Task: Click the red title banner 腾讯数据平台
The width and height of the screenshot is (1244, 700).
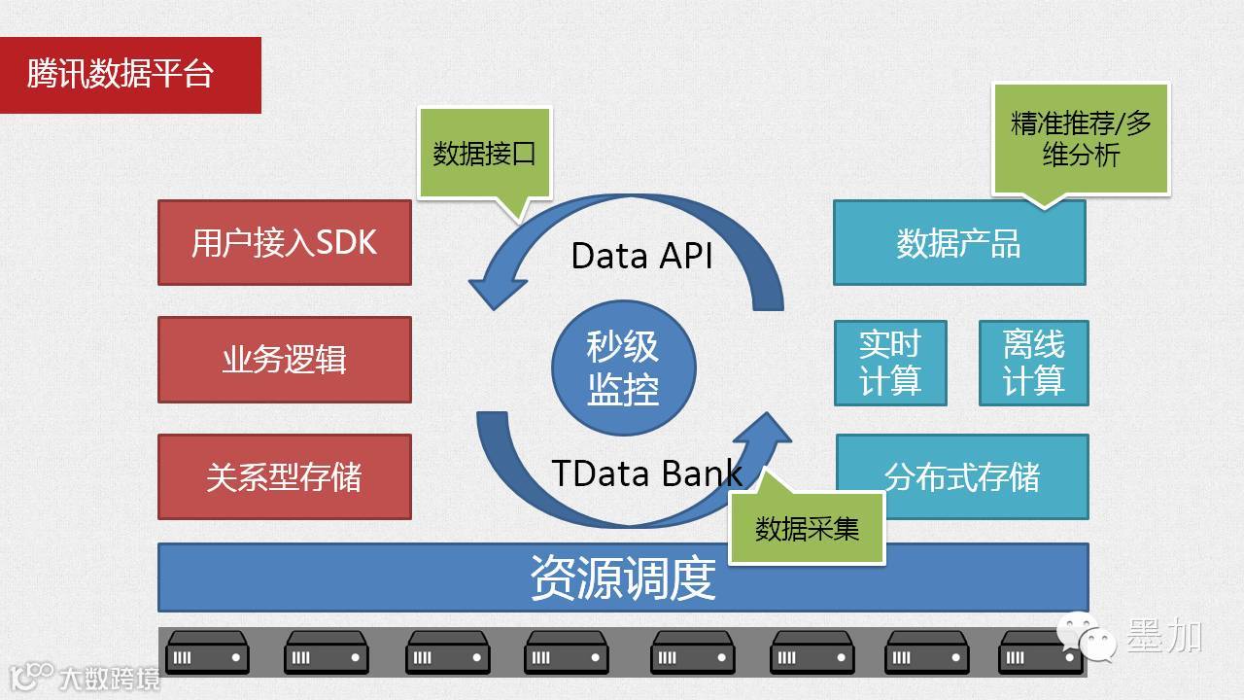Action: point(130,75)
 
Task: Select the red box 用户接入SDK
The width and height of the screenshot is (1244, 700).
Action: point(284,242)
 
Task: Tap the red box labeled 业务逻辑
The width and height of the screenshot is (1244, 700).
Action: point(284,360)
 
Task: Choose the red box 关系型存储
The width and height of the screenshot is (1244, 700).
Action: point(284,476)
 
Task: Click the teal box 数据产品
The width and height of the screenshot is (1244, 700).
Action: point(958,243)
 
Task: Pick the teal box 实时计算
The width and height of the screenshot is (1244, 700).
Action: point(890,363)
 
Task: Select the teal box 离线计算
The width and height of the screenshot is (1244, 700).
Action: point(1033,363)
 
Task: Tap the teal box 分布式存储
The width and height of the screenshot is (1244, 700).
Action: point(962,476)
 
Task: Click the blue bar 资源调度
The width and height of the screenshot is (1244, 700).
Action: point(622,577)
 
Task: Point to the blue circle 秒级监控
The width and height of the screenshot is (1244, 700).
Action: point(623,367)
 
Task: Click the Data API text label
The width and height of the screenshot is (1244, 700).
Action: point(641,256)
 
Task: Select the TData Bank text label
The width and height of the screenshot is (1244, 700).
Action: point(646,472)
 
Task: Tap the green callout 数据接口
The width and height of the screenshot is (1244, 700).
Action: point(484,154)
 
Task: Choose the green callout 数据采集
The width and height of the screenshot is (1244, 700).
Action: point(807,528)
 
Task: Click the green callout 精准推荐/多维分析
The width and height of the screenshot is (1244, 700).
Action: point(1081,139)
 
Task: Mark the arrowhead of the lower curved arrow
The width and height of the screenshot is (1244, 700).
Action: point(768,434)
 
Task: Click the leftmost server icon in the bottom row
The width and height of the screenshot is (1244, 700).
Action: point(206,652)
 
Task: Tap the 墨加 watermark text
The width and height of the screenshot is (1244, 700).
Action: point(1164,637)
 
